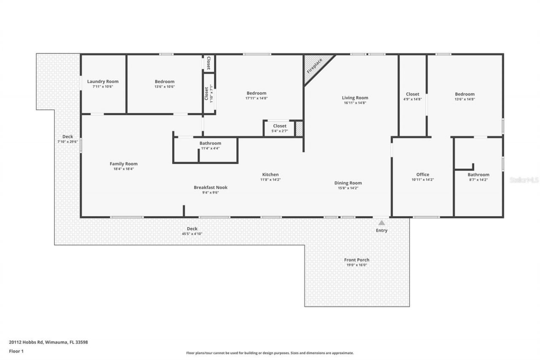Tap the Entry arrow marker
[x=381, y=223]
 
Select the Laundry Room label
[x=103, y=81]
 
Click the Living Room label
[x=355, y=98]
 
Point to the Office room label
[x=423, y=175]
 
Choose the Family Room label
[x=124, y=164]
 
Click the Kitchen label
[x=270, y=175]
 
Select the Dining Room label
[x=348, y=183]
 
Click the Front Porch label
[x=356, y=260]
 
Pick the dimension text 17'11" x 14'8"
[x=256, y=98]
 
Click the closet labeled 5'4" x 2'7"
[x=279, y=128]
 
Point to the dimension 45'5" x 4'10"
[x=192, y=233]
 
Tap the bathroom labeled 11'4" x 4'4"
[x=210, y=146]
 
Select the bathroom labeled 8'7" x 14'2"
[x=478, y=177]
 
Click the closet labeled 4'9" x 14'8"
[x=413, y=96]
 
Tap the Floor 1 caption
[x=16, y=351]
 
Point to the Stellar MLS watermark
[x=524, y=180]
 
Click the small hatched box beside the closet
[x=299, y=129]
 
